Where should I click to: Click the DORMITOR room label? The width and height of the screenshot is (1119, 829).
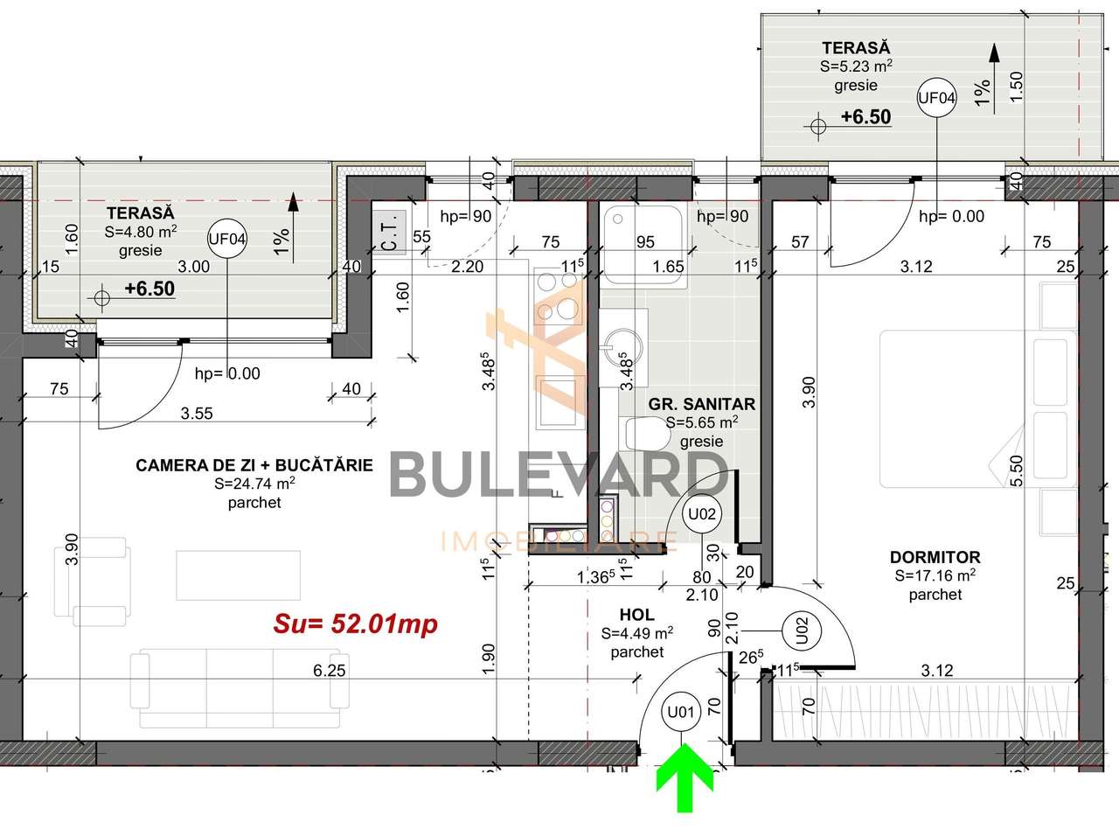click(x=935, y=557)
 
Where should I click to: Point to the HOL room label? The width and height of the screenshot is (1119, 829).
click(x=636, y=616)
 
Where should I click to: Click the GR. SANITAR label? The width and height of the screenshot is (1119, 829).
click(x=701, y=404)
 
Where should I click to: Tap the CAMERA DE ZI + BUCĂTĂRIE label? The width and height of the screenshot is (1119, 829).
click(x=254, y=465)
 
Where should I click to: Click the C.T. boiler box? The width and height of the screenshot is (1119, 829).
click(x=389, y=234)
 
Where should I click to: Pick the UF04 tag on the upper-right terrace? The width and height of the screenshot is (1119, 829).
click(x=935, y=98)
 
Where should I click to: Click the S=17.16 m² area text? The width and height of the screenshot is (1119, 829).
click(x=935, y=575)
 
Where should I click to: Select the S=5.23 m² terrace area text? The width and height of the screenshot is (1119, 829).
click(x=855, y=66)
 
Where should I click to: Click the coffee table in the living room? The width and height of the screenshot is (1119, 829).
click(x=238, y=575)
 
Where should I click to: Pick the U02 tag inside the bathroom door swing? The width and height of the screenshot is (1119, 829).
click(x=702, y=513)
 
